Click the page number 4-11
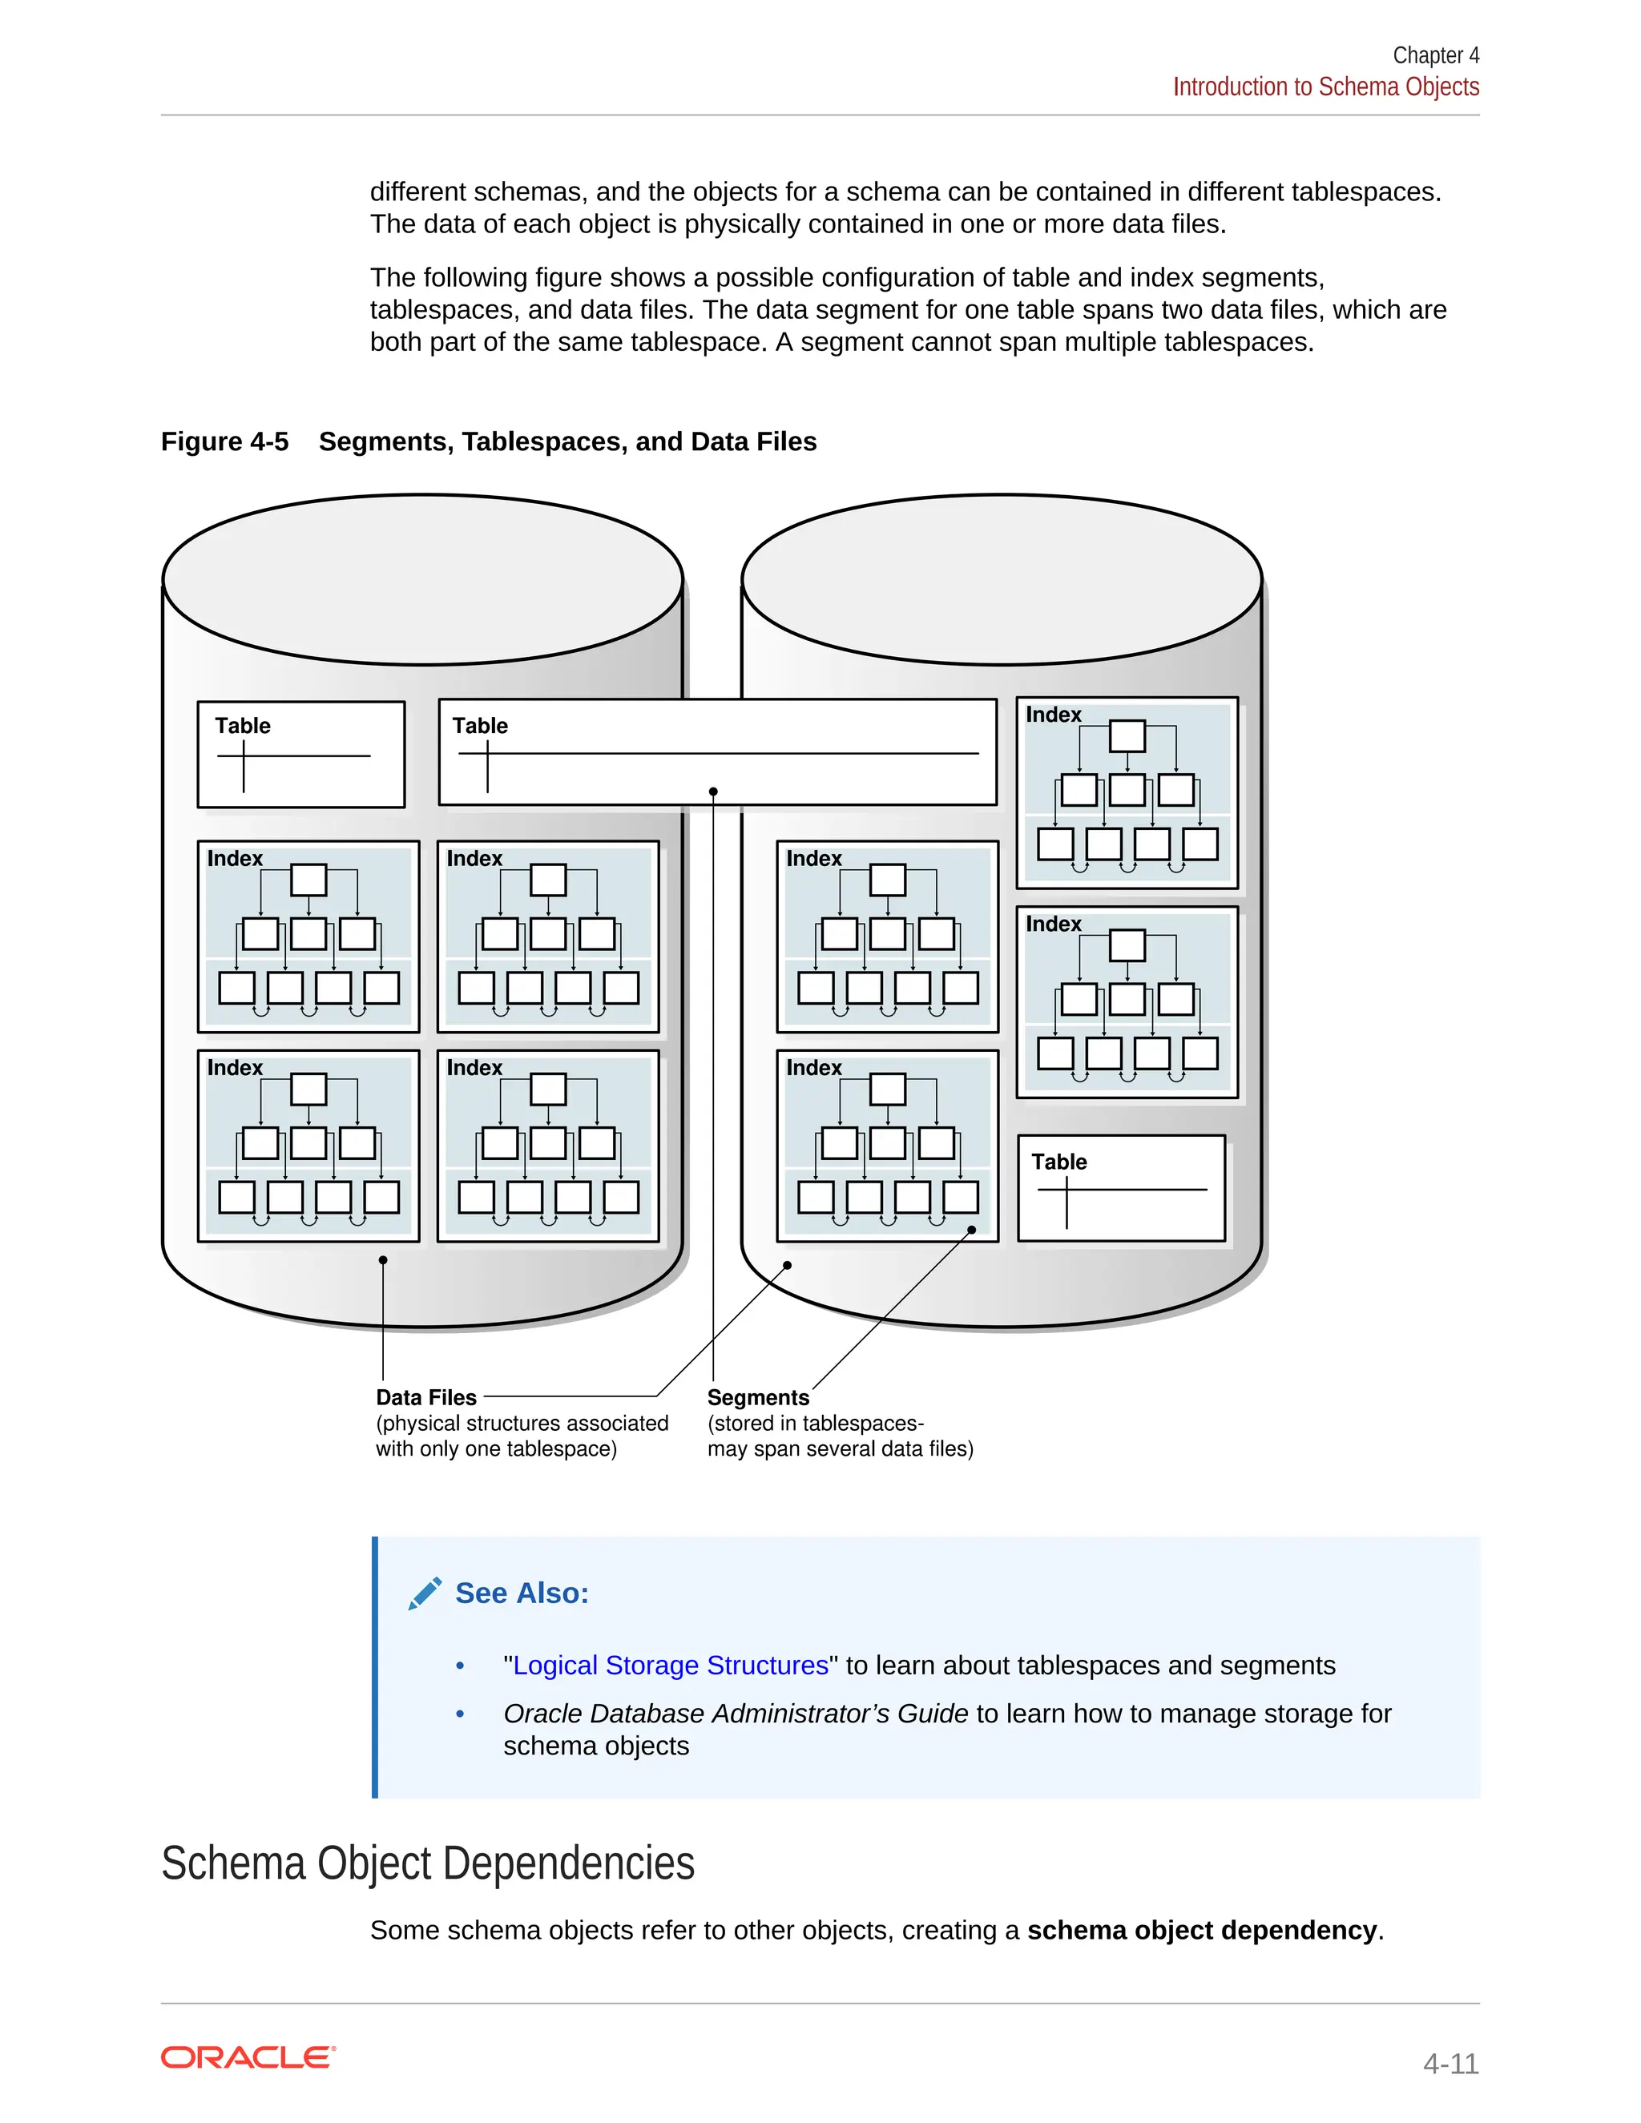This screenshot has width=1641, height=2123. point(1449,2063)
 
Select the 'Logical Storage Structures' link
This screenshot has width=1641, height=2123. point(670,1666)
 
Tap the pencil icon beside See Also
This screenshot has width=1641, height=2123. point(425,1593)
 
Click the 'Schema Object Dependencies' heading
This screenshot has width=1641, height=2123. point(428,1863)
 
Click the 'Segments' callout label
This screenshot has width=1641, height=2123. point(757,1397)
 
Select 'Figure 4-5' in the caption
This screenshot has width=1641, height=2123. point(224,441)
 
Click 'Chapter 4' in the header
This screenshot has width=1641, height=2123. point(1435,55)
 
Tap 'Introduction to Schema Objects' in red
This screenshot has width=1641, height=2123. point(1325,87)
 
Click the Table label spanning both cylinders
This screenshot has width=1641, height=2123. point(480,726)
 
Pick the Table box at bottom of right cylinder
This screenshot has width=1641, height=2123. point(1121,1188)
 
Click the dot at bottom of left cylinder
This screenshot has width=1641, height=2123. point(383,1260)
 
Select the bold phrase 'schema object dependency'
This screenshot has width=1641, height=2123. point(1202,1930)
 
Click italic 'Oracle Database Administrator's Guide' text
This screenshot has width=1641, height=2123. point(735,1714)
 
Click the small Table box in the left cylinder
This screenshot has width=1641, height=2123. point(300,755)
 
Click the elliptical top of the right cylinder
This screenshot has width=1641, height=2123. point(1002,579)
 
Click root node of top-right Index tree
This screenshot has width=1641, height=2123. point(1127,736)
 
